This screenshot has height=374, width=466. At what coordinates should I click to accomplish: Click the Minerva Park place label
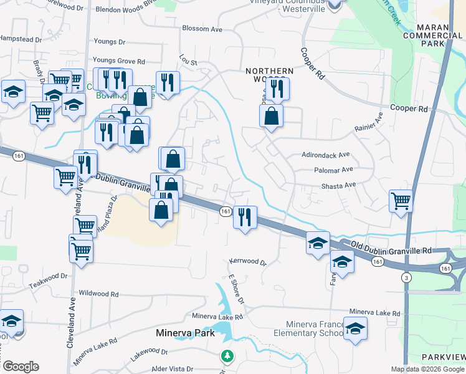click(185, 333)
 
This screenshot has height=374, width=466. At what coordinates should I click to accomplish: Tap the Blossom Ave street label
click(202, 29)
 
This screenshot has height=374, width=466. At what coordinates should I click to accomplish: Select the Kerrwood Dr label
click(247, 262)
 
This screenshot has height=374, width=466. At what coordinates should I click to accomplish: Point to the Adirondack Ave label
click(326, 155)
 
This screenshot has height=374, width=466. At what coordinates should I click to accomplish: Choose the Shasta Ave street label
click(338, 185)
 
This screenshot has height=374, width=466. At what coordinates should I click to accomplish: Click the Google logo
click(21, 367)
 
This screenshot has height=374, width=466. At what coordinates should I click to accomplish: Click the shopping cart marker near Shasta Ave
click(401, 201)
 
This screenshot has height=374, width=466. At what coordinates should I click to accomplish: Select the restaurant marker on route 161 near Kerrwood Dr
click(244, 217)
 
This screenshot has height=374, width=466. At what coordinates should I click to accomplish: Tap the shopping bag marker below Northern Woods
click(271, 116)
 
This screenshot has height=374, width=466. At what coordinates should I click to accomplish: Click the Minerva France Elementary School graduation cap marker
click(356, 328)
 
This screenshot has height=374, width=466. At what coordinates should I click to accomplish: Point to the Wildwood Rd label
click(98, 293)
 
